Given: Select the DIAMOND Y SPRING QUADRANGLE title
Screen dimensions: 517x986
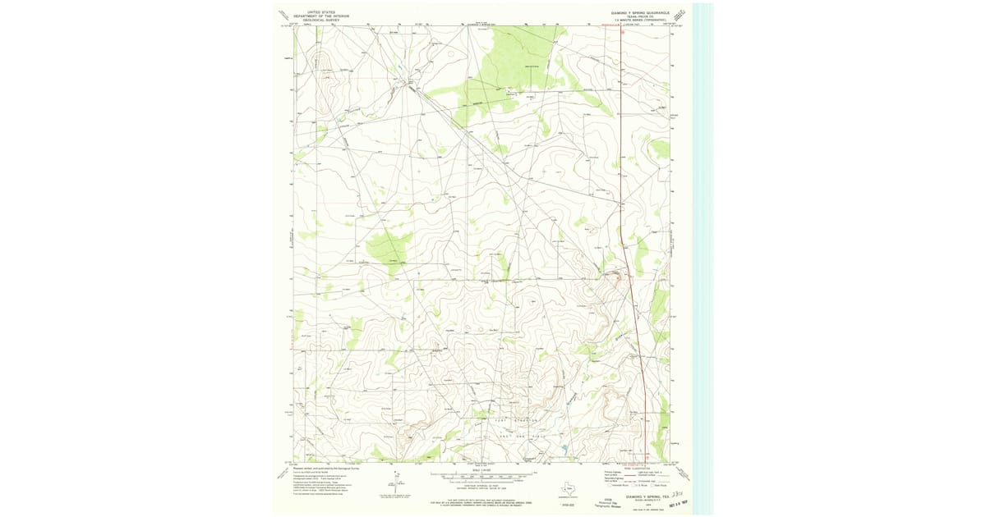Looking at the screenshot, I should (x=641, y=13).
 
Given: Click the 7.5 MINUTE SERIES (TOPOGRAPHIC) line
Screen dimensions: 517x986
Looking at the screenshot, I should (x=642, y=21).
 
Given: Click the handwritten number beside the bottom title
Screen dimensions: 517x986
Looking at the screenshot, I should (x=679, y=495).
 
